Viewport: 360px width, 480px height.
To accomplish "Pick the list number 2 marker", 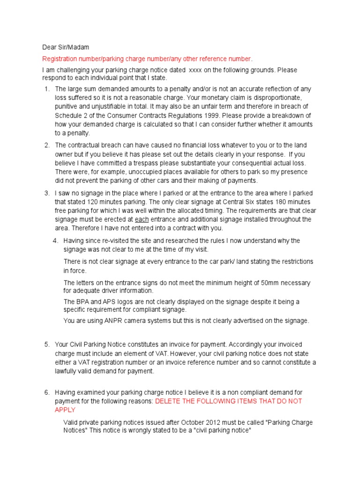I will click(x=46, y=145).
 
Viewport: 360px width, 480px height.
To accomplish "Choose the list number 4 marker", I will click(x=55, y=240).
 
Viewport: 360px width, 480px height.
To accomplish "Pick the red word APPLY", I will click(x=65, y=410).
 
